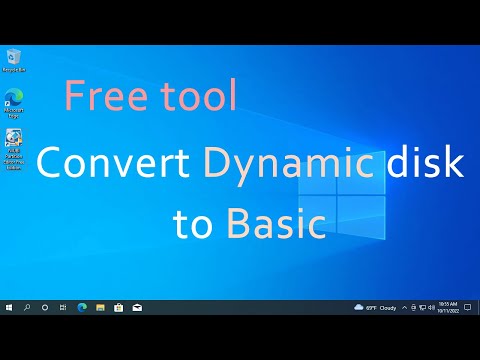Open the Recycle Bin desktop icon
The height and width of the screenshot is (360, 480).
tap(14, 57)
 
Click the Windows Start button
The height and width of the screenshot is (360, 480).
tap(9, 307)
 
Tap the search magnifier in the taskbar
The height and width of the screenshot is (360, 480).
tap(27, 307)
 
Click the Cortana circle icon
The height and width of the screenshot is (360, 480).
tap(45, 307)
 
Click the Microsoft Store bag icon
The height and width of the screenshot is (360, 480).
tap(118, 307)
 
